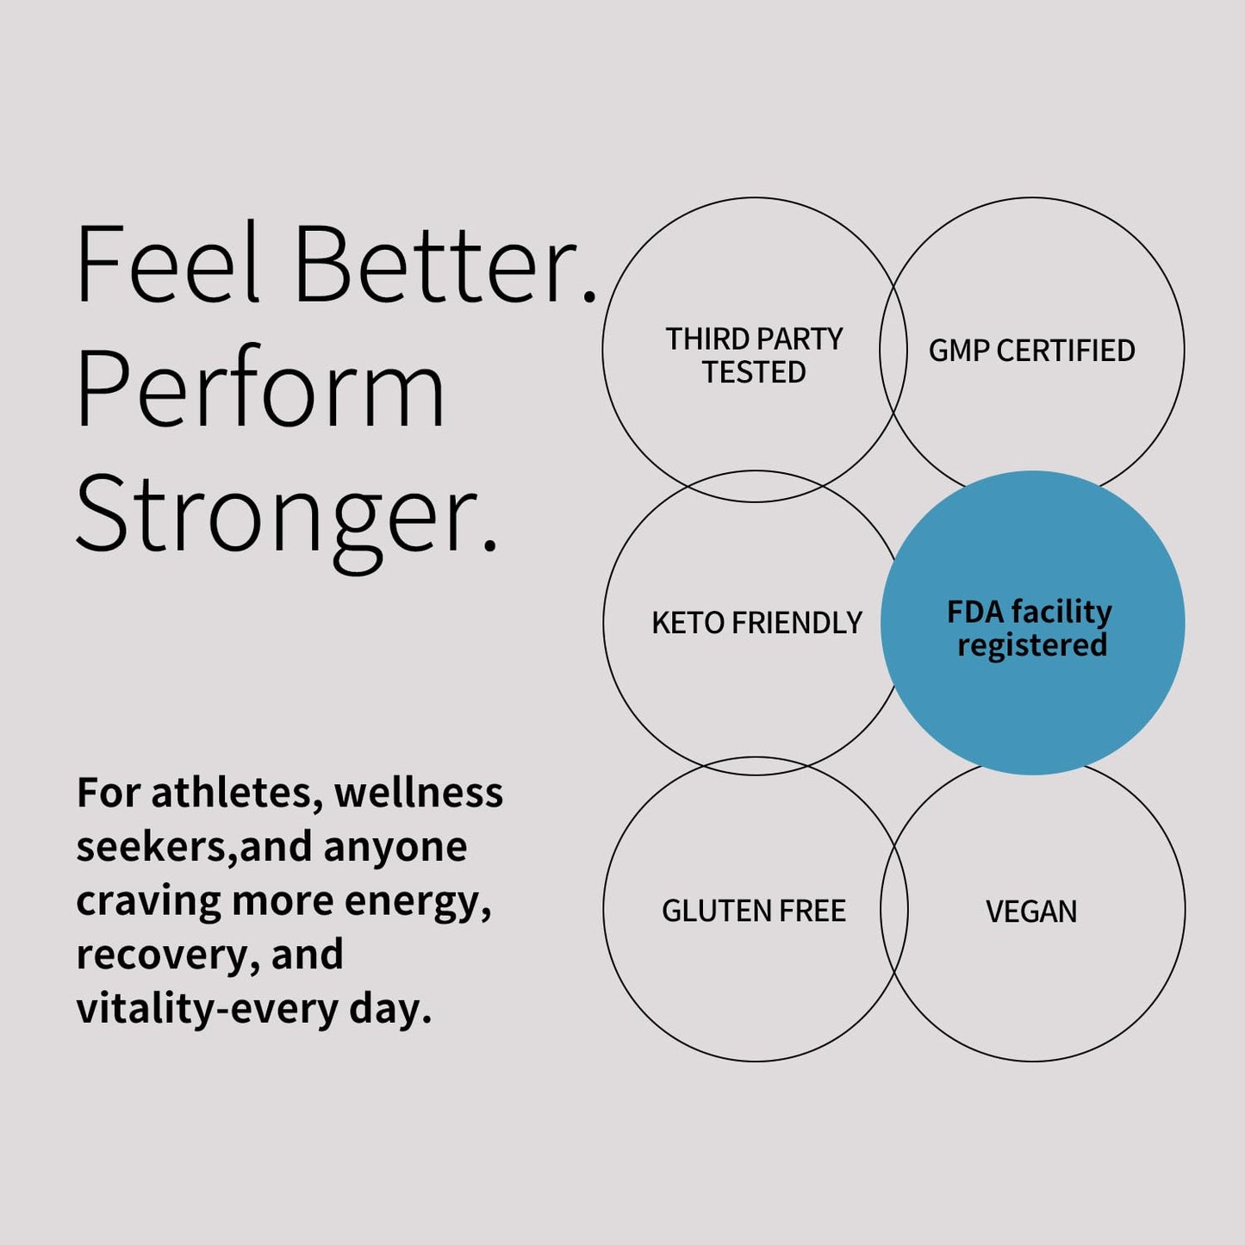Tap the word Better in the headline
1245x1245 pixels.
(445, 265)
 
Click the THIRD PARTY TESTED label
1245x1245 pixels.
(754, 355)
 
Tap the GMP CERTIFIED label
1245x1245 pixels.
(1032, 351)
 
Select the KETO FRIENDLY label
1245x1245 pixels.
(756, 623)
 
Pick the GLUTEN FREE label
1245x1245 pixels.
(754, 911)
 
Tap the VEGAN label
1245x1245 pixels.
(1032, 912)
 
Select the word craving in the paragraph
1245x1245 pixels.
(148, 903)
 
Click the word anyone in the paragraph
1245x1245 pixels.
(395, 849)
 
